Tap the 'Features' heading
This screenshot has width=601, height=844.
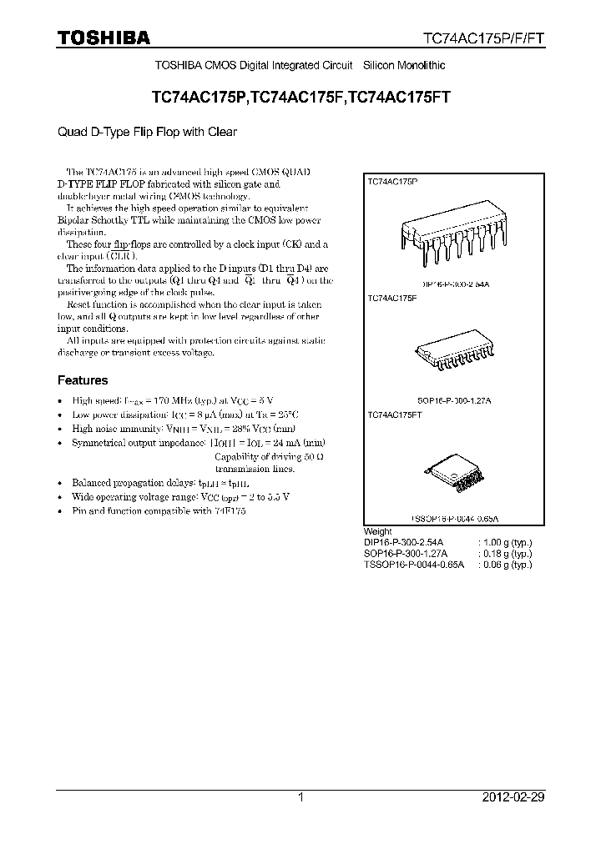tap(83, 380)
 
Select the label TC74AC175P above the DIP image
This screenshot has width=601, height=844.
tap(393, 180)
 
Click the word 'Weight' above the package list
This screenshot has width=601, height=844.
tap(378, 531)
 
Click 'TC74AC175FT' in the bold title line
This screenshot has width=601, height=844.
tap(399, 97)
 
